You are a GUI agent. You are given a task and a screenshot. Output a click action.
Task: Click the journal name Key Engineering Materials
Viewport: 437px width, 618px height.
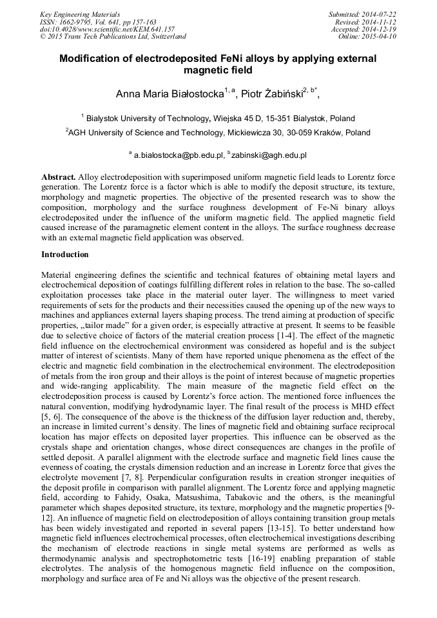click(79, 14)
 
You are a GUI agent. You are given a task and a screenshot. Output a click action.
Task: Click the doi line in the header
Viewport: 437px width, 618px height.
click(107, 29)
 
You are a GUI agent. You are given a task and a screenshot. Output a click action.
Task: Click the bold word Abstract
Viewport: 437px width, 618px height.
click(59, 177)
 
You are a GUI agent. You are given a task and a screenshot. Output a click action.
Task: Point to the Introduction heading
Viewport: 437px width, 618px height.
click(65, 255)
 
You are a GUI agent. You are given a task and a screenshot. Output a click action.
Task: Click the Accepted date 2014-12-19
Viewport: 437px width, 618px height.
click(377, 29)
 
